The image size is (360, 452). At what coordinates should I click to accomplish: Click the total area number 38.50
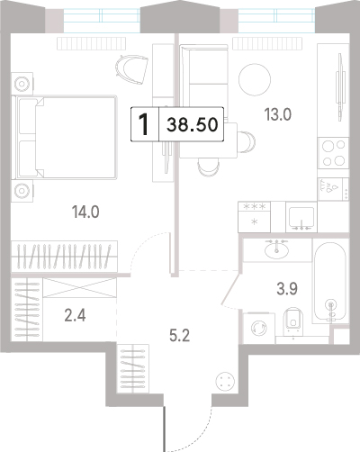point(193,124)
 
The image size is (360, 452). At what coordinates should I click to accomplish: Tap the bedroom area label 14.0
point(85,212)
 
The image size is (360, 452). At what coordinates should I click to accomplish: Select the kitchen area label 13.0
point(278,114)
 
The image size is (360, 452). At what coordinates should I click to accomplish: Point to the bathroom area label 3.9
point(287,289)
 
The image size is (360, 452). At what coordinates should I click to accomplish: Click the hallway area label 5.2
point(180,336)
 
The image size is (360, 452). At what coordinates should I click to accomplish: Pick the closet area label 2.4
point(75,315)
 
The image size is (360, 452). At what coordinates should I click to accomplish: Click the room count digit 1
point(145,125)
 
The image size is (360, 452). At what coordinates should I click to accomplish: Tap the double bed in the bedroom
point(64,137)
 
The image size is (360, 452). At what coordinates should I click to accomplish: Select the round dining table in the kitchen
point(255,79)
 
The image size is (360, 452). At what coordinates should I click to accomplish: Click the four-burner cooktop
point(333,153)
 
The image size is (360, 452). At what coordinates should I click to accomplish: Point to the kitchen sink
point(301,217)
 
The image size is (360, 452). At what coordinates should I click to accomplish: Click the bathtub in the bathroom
point(330,281)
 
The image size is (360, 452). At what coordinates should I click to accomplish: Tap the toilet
point(293,321)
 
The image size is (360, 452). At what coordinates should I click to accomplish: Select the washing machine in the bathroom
point(259,328)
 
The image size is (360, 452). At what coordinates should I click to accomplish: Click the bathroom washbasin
point(276,249)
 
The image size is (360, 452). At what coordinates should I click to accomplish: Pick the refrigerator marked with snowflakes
point(254,217)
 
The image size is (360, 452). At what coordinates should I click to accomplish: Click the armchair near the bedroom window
point(132,69)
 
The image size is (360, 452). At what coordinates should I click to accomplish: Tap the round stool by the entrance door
point(225,381)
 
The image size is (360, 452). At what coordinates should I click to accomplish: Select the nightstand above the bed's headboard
point(22,84)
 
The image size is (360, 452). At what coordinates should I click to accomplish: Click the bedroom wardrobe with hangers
point(64,256)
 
